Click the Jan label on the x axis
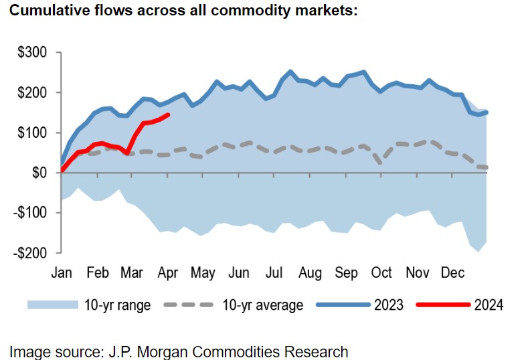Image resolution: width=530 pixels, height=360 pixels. point(61,273)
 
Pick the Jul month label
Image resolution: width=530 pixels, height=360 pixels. point(275,273)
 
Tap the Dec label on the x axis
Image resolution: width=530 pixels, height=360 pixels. point(453,273)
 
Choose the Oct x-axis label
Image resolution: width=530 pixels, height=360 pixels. point(381,273)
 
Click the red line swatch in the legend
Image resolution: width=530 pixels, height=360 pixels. point(442,305)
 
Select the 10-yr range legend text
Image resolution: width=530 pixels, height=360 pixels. point(117,306)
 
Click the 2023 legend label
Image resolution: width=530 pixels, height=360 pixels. point(389,306)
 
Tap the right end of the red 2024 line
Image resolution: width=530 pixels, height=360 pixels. point(168,114)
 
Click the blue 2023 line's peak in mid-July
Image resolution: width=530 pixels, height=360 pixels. point(290,71)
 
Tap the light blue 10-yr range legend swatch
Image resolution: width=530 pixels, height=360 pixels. point(52,305)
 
